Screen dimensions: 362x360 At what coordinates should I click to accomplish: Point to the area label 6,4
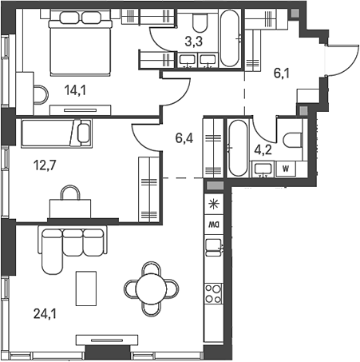[184, 137]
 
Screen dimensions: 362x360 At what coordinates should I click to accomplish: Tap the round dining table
[150, 287]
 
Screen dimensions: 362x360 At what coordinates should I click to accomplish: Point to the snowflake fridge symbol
[213, 205]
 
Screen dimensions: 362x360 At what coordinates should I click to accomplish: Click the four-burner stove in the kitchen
[214, 293]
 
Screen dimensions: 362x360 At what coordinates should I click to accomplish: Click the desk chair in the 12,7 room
[71, 193]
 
